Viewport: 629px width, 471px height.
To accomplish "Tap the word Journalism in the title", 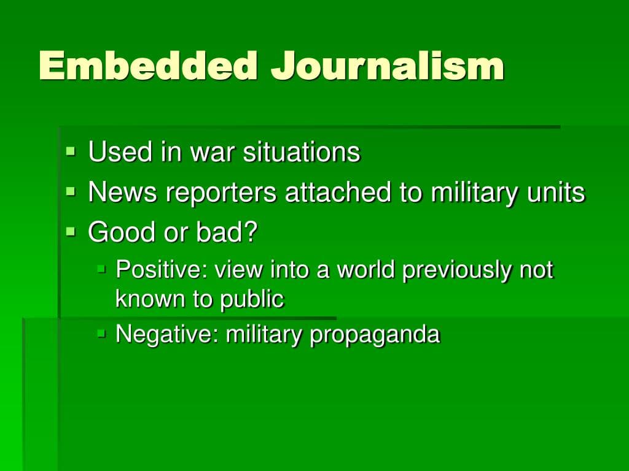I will [x=388, y=66].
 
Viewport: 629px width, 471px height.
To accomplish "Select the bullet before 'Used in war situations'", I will [x=71, y=150].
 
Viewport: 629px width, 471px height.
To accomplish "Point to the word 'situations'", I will [x=301, y=152].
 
